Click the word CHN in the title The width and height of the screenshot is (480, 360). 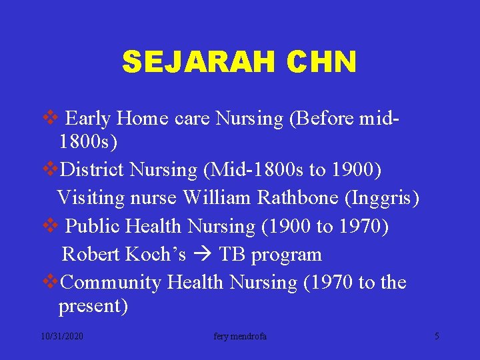[x=323, y=63]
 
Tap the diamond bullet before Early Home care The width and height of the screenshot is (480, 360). [x=50, y=119]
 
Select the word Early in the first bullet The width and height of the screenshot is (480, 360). [x=89, y=119]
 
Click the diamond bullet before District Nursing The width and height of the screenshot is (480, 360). [x=50, y=170]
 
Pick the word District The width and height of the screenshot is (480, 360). [x=93, y=170]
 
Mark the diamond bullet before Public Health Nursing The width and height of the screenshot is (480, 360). [x=50, y=226]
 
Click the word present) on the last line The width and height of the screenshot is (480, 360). [x=93, y=307]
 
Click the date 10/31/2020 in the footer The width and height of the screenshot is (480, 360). [x=61, y=337]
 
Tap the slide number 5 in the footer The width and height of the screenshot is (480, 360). [x=437, y=337]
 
